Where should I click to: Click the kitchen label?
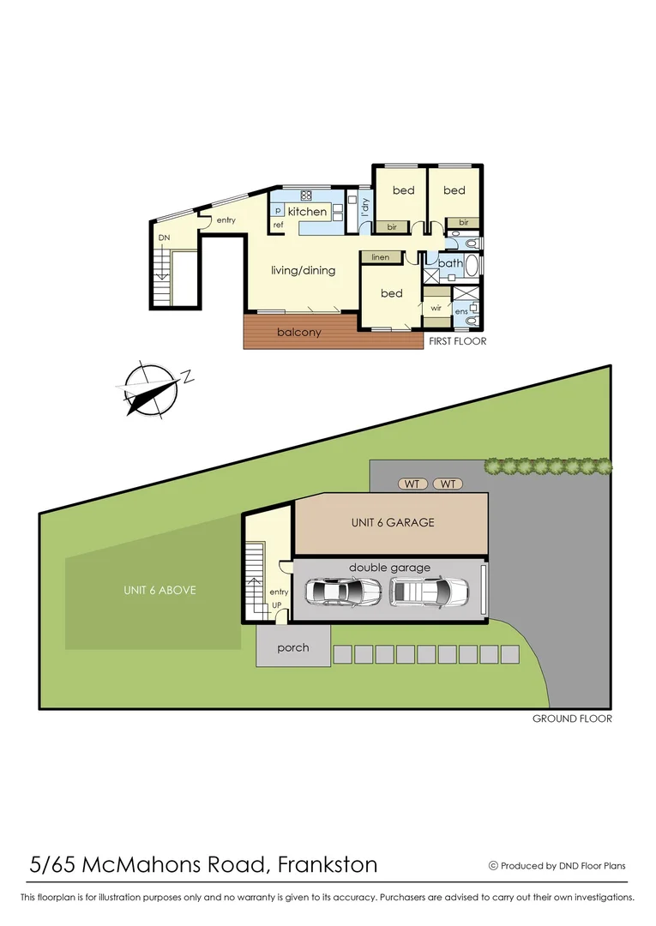(x=307, y=212)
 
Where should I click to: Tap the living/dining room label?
(x=303, y=271)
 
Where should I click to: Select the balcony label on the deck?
(x=298, y=332)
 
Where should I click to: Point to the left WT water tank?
(x=413, y=484)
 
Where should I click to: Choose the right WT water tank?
(x=448, y=484)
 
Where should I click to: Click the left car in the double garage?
(x=343, y=591)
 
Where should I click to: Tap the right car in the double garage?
(x=430, y=591)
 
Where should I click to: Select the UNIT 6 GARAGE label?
(x=393, y=522)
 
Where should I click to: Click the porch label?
(x=292, y=647)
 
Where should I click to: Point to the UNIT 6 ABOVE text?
(x=159, y=590)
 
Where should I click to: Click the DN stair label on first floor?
(x=164, y=238)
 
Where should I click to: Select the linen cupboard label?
(x=380, y=257)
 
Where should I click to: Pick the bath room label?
(x=451, y=263)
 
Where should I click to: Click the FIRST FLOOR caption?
(x=458, y=341)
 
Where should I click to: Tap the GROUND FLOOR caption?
(x=572, y=719)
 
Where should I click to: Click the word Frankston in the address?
(x=328, y=864)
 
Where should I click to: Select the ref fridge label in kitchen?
(x=278, y=225)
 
